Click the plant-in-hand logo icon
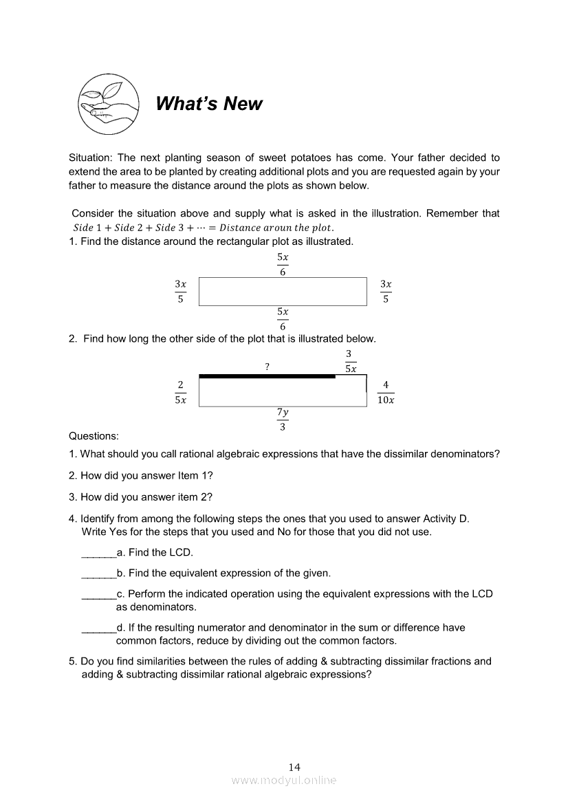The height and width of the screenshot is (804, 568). [109, 103]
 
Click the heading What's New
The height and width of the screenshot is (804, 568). [208, 104]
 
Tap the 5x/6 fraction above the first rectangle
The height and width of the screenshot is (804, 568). [283, 264]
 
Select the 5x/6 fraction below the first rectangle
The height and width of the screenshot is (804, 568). [283, 319]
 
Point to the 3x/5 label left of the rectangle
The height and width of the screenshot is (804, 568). [180, 291]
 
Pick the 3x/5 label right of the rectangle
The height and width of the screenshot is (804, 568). [386, 291]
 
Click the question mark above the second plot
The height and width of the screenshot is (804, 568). [267, 367]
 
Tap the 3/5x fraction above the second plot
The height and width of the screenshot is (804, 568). [351, 361]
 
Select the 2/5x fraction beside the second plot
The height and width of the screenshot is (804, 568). [180, 392]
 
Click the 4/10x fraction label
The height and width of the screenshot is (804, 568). [386, 392]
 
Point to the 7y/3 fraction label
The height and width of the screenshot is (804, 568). [283, 420]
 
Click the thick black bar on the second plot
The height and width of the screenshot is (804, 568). [267, 376]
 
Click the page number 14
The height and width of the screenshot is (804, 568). [294, 767]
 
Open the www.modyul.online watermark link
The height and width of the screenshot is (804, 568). [284, 780]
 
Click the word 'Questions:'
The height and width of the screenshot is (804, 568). [94, 435]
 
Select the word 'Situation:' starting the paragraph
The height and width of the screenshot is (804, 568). [91, 157]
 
